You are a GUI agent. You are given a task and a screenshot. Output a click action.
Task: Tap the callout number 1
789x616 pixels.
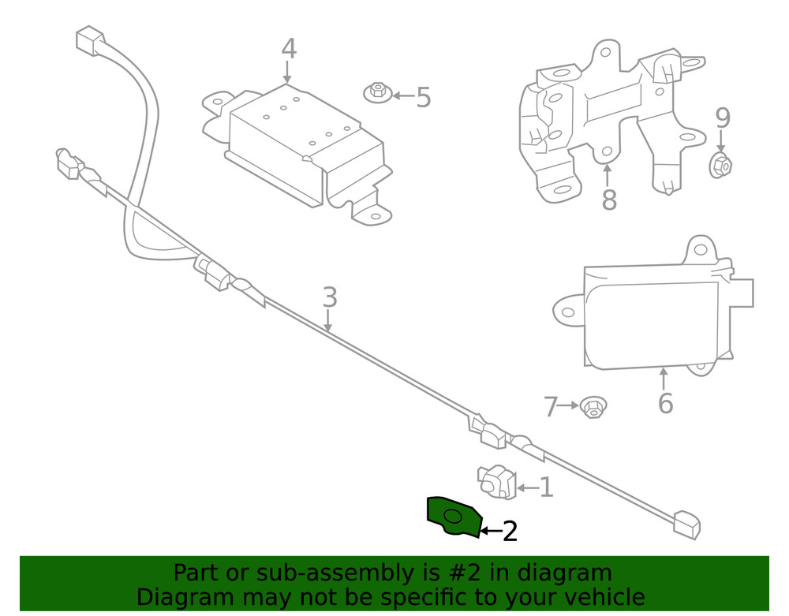click(x=545, y=487)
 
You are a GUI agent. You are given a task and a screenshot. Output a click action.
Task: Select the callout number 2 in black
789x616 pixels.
click(x=510, y=532)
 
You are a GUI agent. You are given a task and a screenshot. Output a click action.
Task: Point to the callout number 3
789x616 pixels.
click(x=330, y=297)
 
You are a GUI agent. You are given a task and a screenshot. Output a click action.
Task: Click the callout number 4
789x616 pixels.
click(x=289, y=49)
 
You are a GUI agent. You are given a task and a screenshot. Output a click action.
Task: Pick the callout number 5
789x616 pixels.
click(x=424, y=98)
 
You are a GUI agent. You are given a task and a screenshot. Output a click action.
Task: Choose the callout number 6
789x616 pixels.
click(x=665, y=403)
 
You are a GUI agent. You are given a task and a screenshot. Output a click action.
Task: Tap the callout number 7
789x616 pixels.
click(x=551, y=407)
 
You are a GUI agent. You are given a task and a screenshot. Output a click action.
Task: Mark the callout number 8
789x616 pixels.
click(x=608, y=200)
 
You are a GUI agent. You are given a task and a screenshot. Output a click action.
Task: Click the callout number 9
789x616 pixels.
click(x=723, y=118)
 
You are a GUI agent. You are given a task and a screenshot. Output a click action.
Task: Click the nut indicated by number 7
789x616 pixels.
click(x=592, y=408)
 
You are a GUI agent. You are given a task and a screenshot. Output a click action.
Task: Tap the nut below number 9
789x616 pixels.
click(x=722, y=166)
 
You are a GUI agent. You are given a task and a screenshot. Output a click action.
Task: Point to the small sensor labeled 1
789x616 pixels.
click(x=498, y=481)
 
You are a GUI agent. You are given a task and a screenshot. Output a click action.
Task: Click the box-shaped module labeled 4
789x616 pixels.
click(x=304, y=150)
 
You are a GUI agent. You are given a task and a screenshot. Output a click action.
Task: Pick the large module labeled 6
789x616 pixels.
click(x=655, y=315)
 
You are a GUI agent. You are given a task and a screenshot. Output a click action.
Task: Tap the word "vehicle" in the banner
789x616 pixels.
click(x=600, y=597)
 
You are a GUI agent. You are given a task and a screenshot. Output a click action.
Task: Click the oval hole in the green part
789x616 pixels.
click(x=454, y=517)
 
